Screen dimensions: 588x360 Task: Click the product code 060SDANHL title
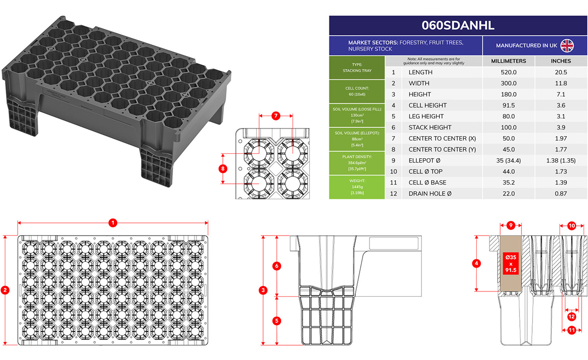pyautogui.click(x=458, y=25)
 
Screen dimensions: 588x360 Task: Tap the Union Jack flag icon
pyautogui.click(x=567, y=46)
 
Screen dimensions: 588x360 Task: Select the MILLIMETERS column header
pyautogui.click(x=509, y=61)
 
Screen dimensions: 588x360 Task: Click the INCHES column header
pyautogui.click(x=561, y=61)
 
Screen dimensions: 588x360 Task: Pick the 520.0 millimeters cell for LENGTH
pyautogui.click(x=509, y=72)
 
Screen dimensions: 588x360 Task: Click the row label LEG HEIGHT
pyautogui.click(x=426, y=116)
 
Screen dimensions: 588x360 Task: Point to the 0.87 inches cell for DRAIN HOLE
pyautogui.click(x=561, y=193)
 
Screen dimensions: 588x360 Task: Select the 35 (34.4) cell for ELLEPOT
pyautogui.click(x=509, y=161)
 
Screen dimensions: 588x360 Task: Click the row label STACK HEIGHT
pyautogui.click(x=430, y=127)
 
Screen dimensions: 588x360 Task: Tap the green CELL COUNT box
pyautogui.click(x=357, y=91)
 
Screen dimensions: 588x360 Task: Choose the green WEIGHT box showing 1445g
pyautogui.click(x=357, y=187)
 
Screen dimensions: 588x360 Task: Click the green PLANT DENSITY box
pyautogui.click(x=357, y=163)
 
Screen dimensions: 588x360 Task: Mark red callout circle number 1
pyautogui.click(x=113, y=223)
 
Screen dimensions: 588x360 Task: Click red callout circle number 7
pyautogui.click(x=275, y=116)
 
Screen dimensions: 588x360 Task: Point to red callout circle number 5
pyautogui.click(x=277, y=321)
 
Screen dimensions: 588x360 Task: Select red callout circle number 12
pyautogui.click(x=571, y=317)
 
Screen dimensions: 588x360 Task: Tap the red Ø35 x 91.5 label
pyautogui.click(x=511, y=264)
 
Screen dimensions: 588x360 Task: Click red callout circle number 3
pyautogui.click(x=263, y=290)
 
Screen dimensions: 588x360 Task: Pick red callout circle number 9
pyautogui.click(x=511, y=225)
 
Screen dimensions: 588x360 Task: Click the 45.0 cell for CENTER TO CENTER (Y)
pyautogui.click(x=509, y=149)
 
